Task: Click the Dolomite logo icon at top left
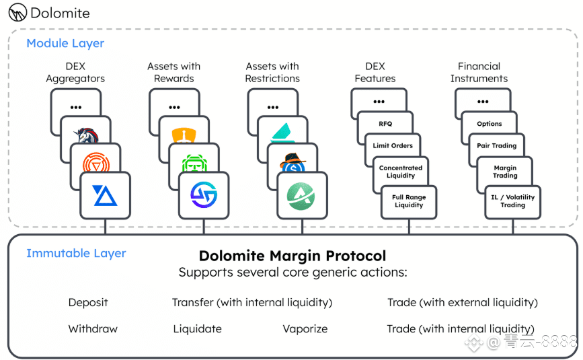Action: click(x=17, y=12)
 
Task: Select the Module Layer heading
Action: click(x=65, y=44)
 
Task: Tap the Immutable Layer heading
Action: click(x=76, y=253)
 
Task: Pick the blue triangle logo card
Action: click(x=105, y=195)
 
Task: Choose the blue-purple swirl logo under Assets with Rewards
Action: click(x=204, y=195)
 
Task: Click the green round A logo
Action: click(x=301, y=196)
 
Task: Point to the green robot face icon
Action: click(x=194, y=164)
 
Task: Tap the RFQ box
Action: click(x=385, y=124)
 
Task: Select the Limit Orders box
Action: click(x=393, y=145)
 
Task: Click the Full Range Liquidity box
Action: click(x=409, y=201)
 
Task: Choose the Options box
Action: click(x=490, y=124)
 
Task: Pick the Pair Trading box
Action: click(x=497, y=145)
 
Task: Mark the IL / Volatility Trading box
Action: click(x=512, y=201)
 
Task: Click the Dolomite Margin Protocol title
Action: click(x=293, y=256)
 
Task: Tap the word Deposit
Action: click(x=88, y=302)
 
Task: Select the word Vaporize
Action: click(x=305, y=329)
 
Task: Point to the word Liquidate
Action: click(x=198, y=329)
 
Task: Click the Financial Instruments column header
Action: click(x=479, y=73)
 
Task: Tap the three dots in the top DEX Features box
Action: click(x=379, y=102)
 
